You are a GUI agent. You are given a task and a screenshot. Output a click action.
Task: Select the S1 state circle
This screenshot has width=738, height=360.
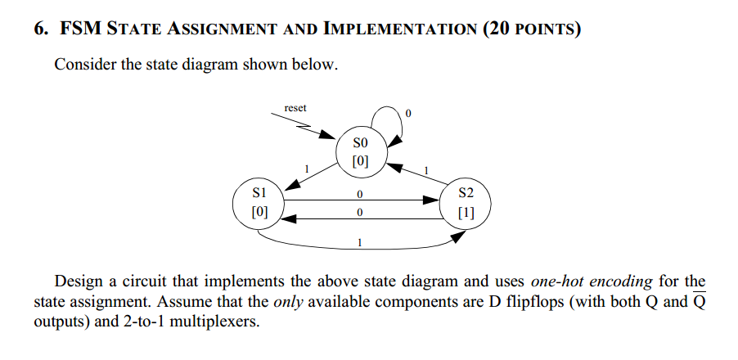pos(259,203)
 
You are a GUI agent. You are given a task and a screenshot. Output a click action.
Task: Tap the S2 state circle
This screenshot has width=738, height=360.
pos(466,203)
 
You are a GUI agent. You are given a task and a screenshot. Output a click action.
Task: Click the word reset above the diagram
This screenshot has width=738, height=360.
pos(295,108)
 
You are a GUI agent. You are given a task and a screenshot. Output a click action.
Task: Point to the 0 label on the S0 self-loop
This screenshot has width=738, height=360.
pos(408,112)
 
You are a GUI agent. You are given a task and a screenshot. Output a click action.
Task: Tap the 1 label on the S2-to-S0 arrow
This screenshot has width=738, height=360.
pos(425,169)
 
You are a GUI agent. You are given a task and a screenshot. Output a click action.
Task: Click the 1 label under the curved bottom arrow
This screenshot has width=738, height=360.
pos(360,243)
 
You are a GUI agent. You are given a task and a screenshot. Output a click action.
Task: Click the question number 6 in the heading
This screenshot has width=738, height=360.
pos(39,30)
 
